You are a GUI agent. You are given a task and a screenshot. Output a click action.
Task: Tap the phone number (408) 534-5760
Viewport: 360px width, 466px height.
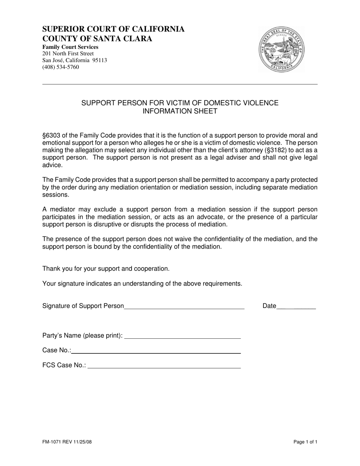(61, 67)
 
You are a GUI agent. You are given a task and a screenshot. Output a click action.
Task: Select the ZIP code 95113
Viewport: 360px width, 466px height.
(100, 60)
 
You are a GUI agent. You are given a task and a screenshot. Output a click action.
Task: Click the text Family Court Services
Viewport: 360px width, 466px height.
(70, 47)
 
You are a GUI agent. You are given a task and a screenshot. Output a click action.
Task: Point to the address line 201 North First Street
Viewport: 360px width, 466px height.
(68, 53)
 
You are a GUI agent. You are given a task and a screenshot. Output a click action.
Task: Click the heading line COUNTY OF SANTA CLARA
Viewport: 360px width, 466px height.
(97, 38)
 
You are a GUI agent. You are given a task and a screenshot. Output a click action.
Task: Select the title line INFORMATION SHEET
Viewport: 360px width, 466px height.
(180, 111)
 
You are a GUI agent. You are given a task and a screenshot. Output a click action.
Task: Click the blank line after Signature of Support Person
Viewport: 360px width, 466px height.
(184, 306)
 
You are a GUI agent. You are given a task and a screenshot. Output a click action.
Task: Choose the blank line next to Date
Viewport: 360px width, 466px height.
(296, 306)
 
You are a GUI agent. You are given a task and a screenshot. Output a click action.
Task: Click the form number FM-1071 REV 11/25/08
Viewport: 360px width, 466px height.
(67, 441)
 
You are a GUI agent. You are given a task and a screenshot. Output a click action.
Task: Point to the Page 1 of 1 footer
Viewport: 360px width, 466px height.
(305, 441)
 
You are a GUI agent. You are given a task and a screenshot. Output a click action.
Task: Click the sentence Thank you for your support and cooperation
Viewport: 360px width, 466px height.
(106, 269)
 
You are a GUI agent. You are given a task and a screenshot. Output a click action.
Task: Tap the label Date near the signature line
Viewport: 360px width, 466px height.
(269, 306)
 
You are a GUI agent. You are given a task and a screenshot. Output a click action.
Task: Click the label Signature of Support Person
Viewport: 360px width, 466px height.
(83, 306)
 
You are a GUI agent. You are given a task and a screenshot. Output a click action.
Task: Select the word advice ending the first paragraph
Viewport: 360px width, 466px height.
(52, 165)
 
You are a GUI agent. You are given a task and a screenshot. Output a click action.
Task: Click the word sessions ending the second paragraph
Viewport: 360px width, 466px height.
(55, 194)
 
